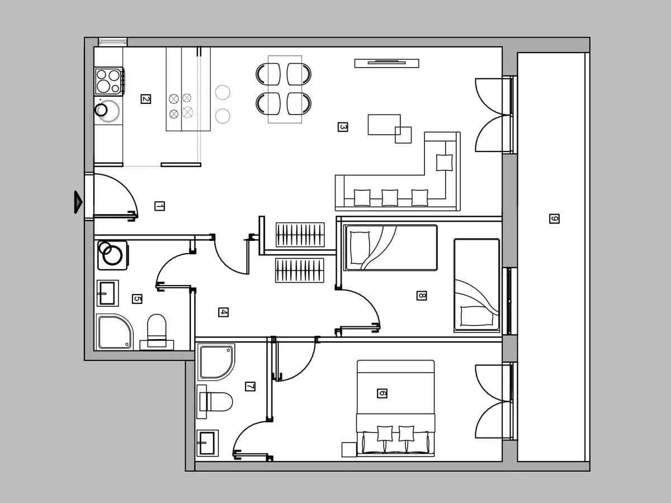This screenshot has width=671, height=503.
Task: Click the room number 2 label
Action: pyautogui.click(x=146, y=99)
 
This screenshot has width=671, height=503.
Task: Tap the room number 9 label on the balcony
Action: pyautogui.click(x=554, y=219)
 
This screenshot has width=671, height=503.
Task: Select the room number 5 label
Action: pyautogui.click(x=137, y=298)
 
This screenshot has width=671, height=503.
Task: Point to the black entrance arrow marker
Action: pyautogui.click(x=78, y=202)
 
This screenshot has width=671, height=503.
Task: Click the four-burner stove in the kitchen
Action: pyautogui.click(x=108, y=81)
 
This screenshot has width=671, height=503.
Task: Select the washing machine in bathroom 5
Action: pyautogui.click(x=112, y=255)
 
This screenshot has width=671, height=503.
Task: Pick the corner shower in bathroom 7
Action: pyautogui.click(x=216, y=362)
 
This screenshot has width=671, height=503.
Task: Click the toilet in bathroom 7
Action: pyautogui.click(x=215, y=402)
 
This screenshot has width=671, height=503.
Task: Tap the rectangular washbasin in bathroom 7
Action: pyautogui.click(x=207, y=443)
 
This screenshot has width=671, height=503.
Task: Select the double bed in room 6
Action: pyautogui.click(x=395, y=409)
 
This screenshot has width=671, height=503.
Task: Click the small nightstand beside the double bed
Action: pyautogui.click(x=349, y=449)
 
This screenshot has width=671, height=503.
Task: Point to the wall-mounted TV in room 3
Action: pyautogui.click(x=387, y=63)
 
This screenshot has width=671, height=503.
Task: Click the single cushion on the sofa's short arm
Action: pyautogui.click(x=444, y=163)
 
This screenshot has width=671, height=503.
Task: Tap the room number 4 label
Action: pyautogui.click(x=223, y=312)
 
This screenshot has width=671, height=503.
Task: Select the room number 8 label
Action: pyautogui.click(x=422, y=295)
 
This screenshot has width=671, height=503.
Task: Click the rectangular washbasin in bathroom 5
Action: pyautogui.click(x=107, y=293)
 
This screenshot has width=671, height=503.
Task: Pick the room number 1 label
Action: pyautogui.click(x=159, y=206)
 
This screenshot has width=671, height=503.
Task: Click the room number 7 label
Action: pyautogui.click(x=250, y=387)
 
